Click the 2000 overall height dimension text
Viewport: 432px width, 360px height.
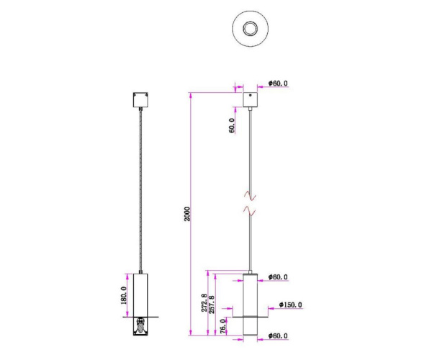coord(186,214)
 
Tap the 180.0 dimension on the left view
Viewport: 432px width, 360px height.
coord(124,295)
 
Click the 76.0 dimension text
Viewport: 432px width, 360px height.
coord(223,325)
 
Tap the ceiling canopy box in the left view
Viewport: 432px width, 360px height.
coord(140,99)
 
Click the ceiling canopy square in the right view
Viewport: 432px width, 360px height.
coord(250,99)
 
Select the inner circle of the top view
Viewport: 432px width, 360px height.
coord(250,29)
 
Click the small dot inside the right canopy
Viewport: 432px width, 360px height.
coord(250,94)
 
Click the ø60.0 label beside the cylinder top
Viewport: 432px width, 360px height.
coord(278,276)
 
